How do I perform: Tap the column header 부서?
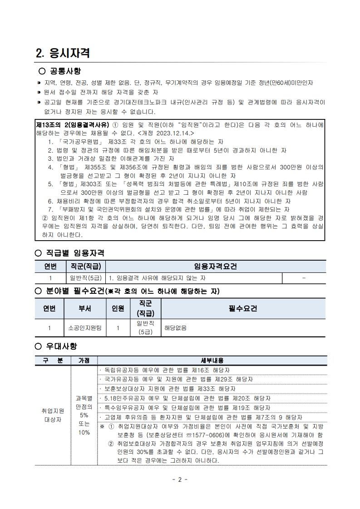point(85,308)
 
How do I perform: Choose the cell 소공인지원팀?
point(85,327)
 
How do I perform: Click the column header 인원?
point(118,308)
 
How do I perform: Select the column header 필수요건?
point(243,308)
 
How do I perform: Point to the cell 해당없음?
point(175,327)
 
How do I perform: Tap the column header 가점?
point(84,361)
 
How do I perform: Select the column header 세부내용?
point(212,361)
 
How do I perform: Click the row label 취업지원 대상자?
point(54,415)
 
